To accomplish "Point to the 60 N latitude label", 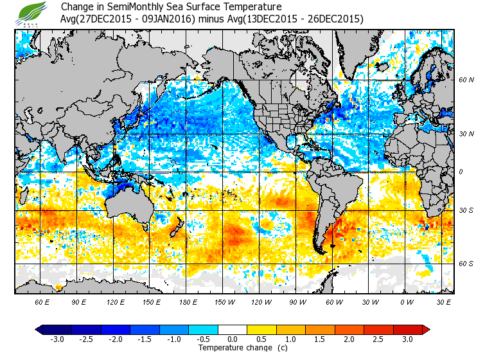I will point(466,80).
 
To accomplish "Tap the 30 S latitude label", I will point(466,211).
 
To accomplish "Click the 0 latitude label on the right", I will point(461,172).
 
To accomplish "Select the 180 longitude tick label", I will point(188,301).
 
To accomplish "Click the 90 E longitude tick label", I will point(78,301).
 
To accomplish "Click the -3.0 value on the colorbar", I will point(56,339).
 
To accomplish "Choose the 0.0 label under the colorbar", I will point(233,339).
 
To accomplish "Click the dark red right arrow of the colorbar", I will point(426,329).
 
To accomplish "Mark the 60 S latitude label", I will point(466,264).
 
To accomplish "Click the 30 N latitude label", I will point(466,134).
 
